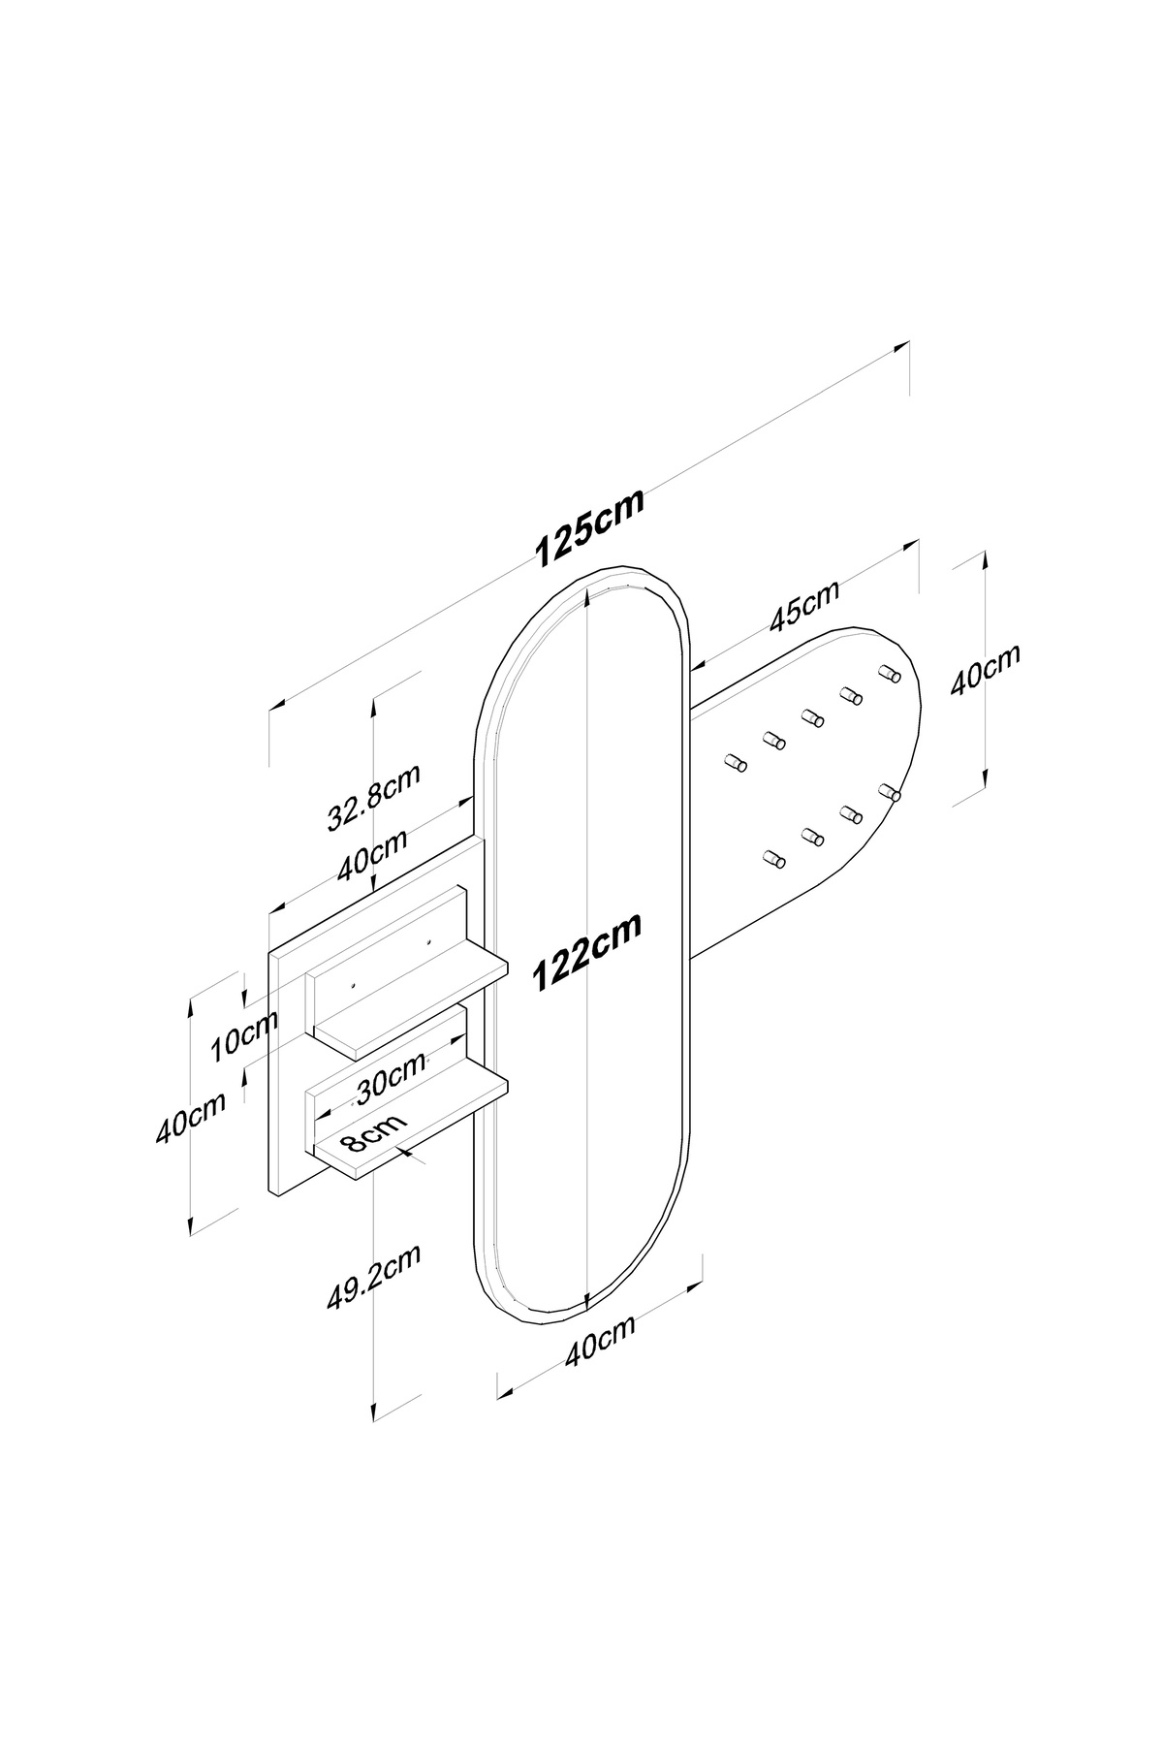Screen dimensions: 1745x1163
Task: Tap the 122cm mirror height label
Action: click(x=587, y=955)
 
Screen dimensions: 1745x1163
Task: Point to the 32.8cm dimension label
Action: click(x=373, y=798)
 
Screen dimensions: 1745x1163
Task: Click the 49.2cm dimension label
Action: click(x=373, y=1276)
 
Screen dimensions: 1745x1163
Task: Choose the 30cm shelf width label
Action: click(x=392, y=1078)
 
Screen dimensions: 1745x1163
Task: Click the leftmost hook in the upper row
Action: click(x=735, y=762)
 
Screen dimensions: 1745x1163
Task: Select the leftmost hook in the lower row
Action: click(x=773, y=859)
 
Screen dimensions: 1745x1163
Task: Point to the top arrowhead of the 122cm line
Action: click(x=588, y=606)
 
